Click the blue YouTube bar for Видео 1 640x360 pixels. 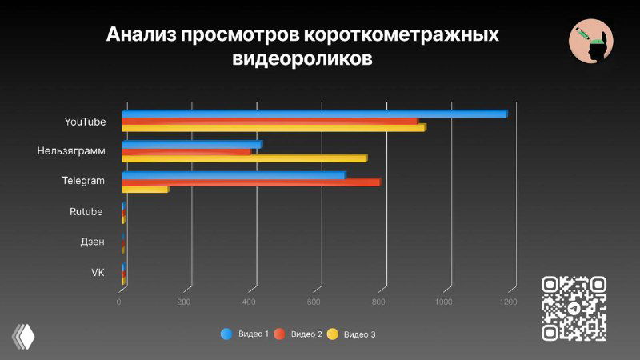pyautogui.click(x=314, y=114)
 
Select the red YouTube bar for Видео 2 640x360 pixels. pyautogui.click(x=269, y=121)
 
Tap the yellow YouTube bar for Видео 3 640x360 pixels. pyautogui.click(x=273, y=127)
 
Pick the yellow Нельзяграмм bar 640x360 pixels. pyautogui.click(x=243, y=158)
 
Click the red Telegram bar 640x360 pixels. pyautogui.click(x=250, y=182)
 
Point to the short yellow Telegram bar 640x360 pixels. pyautogui.click(x=144, y=189)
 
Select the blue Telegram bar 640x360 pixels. pyautogui.click(x=233, y=175)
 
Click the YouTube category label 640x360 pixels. pyautogui.click(x=85, y=122)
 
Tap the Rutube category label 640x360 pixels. pyautogui.click(x=86, y=212)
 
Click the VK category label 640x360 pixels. pyautogui.click(x=98, y=273)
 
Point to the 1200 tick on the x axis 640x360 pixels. pyautogui.click(x=507, y=302)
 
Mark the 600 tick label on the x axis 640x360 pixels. pyautogui.click(x=314, y=302)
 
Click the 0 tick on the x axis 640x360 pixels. pyautogui.click(x=119, y=302)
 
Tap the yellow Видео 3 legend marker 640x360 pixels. pyautogui.click(x=333, y=334)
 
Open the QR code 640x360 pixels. pyautogui.click(x=574, y=308)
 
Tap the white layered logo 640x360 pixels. pyautogui.click(x=24, y=335)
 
